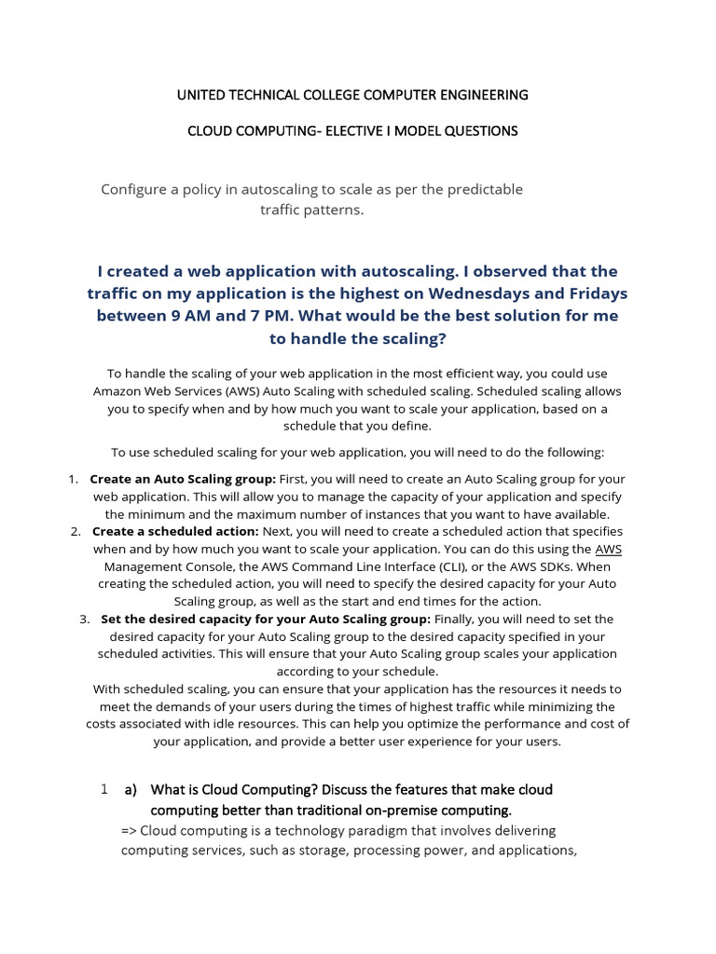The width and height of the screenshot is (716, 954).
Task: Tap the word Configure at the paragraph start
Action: click(x=134, y=189)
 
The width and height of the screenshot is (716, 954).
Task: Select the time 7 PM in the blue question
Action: click(x=259, y=316)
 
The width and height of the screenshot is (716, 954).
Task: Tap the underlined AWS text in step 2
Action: click(x=609, y=549)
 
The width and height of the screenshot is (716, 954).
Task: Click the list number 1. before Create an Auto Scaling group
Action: click(x=73, y=479)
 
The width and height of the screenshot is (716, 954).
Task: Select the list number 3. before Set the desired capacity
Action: click(x=84, y=619)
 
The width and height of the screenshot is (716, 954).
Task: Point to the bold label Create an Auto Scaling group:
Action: click(x=183, y=479)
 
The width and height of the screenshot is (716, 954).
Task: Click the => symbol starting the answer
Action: click(x=129, y=831)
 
